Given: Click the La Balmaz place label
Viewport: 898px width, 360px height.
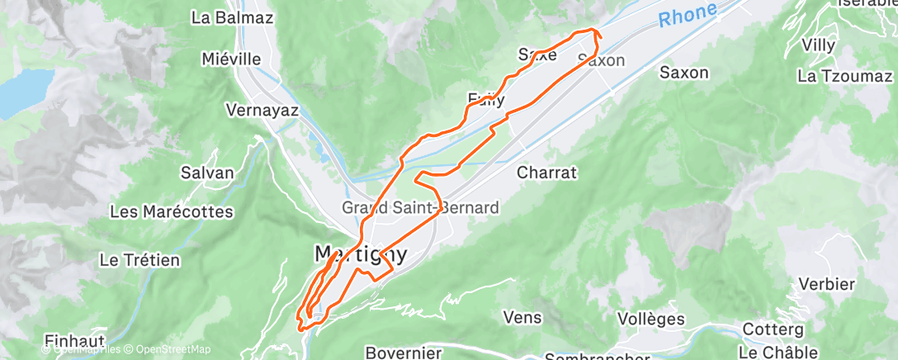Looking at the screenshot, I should coord(220,17).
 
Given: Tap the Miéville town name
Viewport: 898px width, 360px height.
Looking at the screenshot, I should coord(231,59).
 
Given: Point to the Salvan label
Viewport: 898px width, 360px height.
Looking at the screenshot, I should coord(207,173).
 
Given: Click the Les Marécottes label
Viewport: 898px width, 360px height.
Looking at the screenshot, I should coord(172,211).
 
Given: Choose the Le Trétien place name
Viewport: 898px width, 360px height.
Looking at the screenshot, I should coord(139,260).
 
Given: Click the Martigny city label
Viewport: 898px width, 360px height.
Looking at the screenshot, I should coord(361,253).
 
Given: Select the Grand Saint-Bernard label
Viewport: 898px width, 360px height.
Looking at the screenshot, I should coord(420,206).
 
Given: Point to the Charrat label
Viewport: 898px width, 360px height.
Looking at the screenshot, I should coord(546,173).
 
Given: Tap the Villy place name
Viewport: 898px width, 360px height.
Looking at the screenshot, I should coord(818,45).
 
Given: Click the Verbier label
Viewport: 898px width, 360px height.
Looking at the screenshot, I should coord(826,284).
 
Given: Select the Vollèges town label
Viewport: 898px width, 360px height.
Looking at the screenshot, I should coord(651,318).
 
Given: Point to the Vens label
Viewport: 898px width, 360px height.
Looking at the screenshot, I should coord(522,317).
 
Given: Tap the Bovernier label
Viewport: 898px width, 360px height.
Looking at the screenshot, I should coord(403,353).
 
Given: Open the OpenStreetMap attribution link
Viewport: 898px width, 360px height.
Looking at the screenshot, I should coord(174,349).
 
